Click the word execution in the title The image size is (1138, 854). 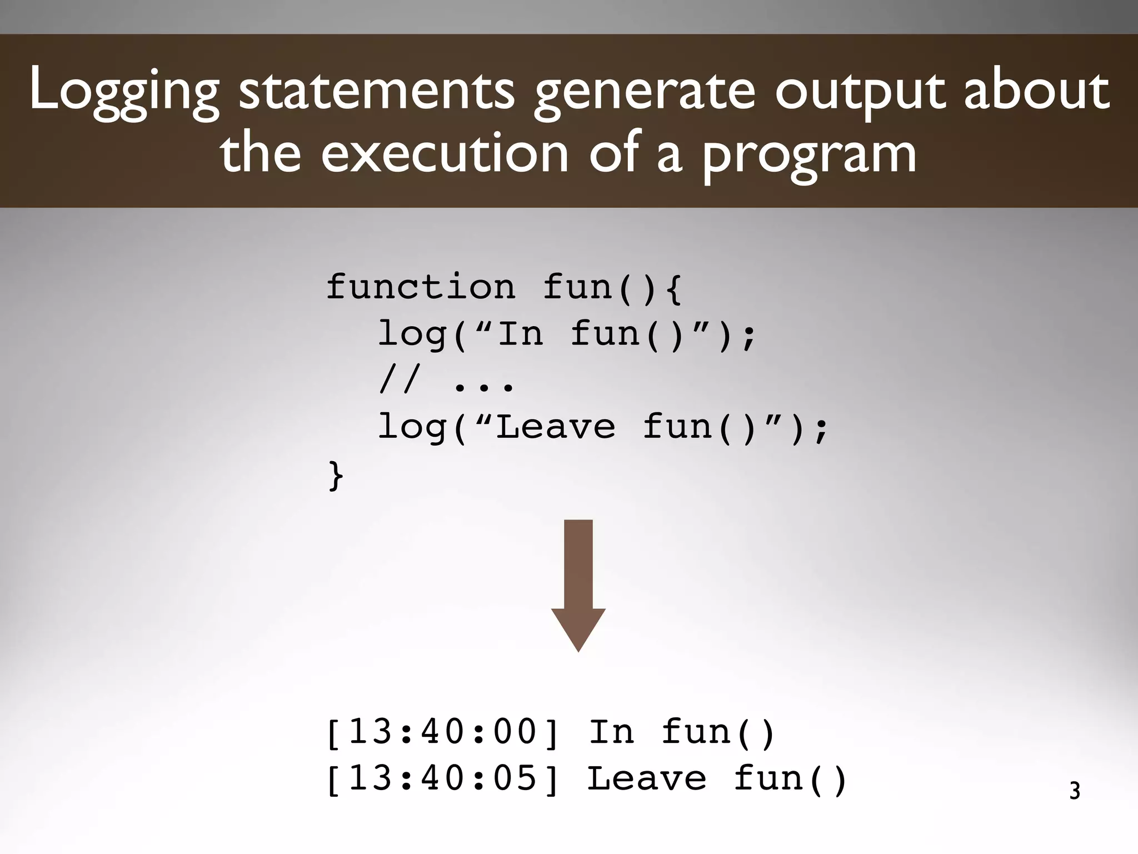click(x=445, y=153)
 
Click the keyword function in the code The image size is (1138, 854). click(x=421, y=287)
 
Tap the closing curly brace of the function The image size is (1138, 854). click(x=336, y=475)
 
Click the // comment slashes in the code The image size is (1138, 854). click(x=400, y=381)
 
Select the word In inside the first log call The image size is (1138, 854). click(x=520, y=333)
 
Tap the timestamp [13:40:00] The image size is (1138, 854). click(x=442, y=732)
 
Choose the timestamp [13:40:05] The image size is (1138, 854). click(x=442, y=778)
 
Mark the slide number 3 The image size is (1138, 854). click(x=1075, y=791)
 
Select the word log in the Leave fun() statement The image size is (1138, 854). click(x=412, y=428)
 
